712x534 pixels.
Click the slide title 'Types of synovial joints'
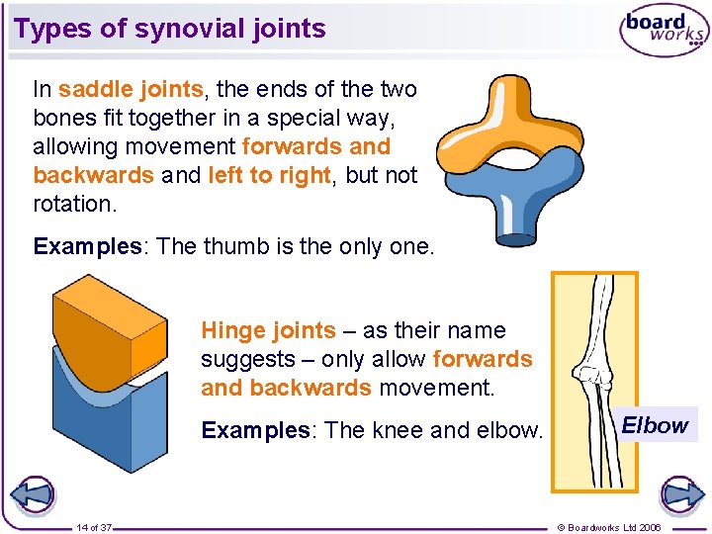(x=170, y=29)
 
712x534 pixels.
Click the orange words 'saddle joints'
(x=131, y=90)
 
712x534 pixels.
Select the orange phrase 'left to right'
(x=269, y=176)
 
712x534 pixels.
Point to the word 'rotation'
(x=74, y=205)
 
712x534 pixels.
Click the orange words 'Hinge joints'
(x=268, y=331)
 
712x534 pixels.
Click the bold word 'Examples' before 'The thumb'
(x=88, y=246)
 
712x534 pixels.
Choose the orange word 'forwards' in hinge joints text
(x=483, y=360)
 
